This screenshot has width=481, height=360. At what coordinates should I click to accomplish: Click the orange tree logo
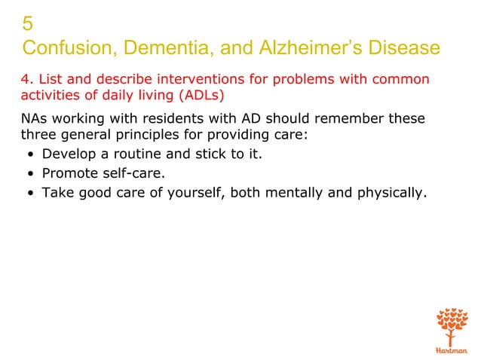[452, 325]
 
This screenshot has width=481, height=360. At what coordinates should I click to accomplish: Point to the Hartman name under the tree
[452, 349]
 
